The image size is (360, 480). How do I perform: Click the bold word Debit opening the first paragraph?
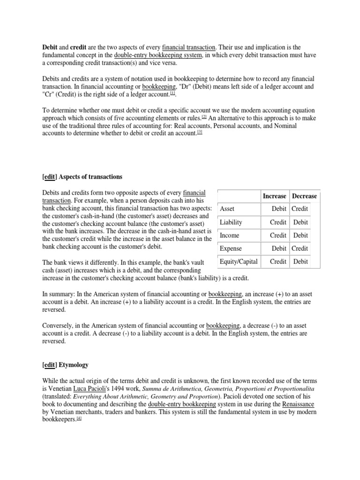coord(50,47)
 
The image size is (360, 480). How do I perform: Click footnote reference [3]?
coord(199,132)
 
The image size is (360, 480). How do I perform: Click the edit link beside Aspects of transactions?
coord(49,177)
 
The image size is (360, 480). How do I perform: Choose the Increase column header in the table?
coord(274,196)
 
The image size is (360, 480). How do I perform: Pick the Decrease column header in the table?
coord(304,196)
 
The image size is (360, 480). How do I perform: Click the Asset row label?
coord(227,209)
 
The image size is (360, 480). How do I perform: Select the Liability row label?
coord(231,222)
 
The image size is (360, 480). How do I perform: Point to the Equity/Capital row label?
coord(239,262)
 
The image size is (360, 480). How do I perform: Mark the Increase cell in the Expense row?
coord(279,248)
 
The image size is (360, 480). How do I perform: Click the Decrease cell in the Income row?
coord(300,235)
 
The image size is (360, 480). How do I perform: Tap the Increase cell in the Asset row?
coord(279,209)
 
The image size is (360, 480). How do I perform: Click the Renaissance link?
coord(298,404)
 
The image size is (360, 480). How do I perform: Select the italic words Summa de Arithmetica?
coord(172,389)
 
